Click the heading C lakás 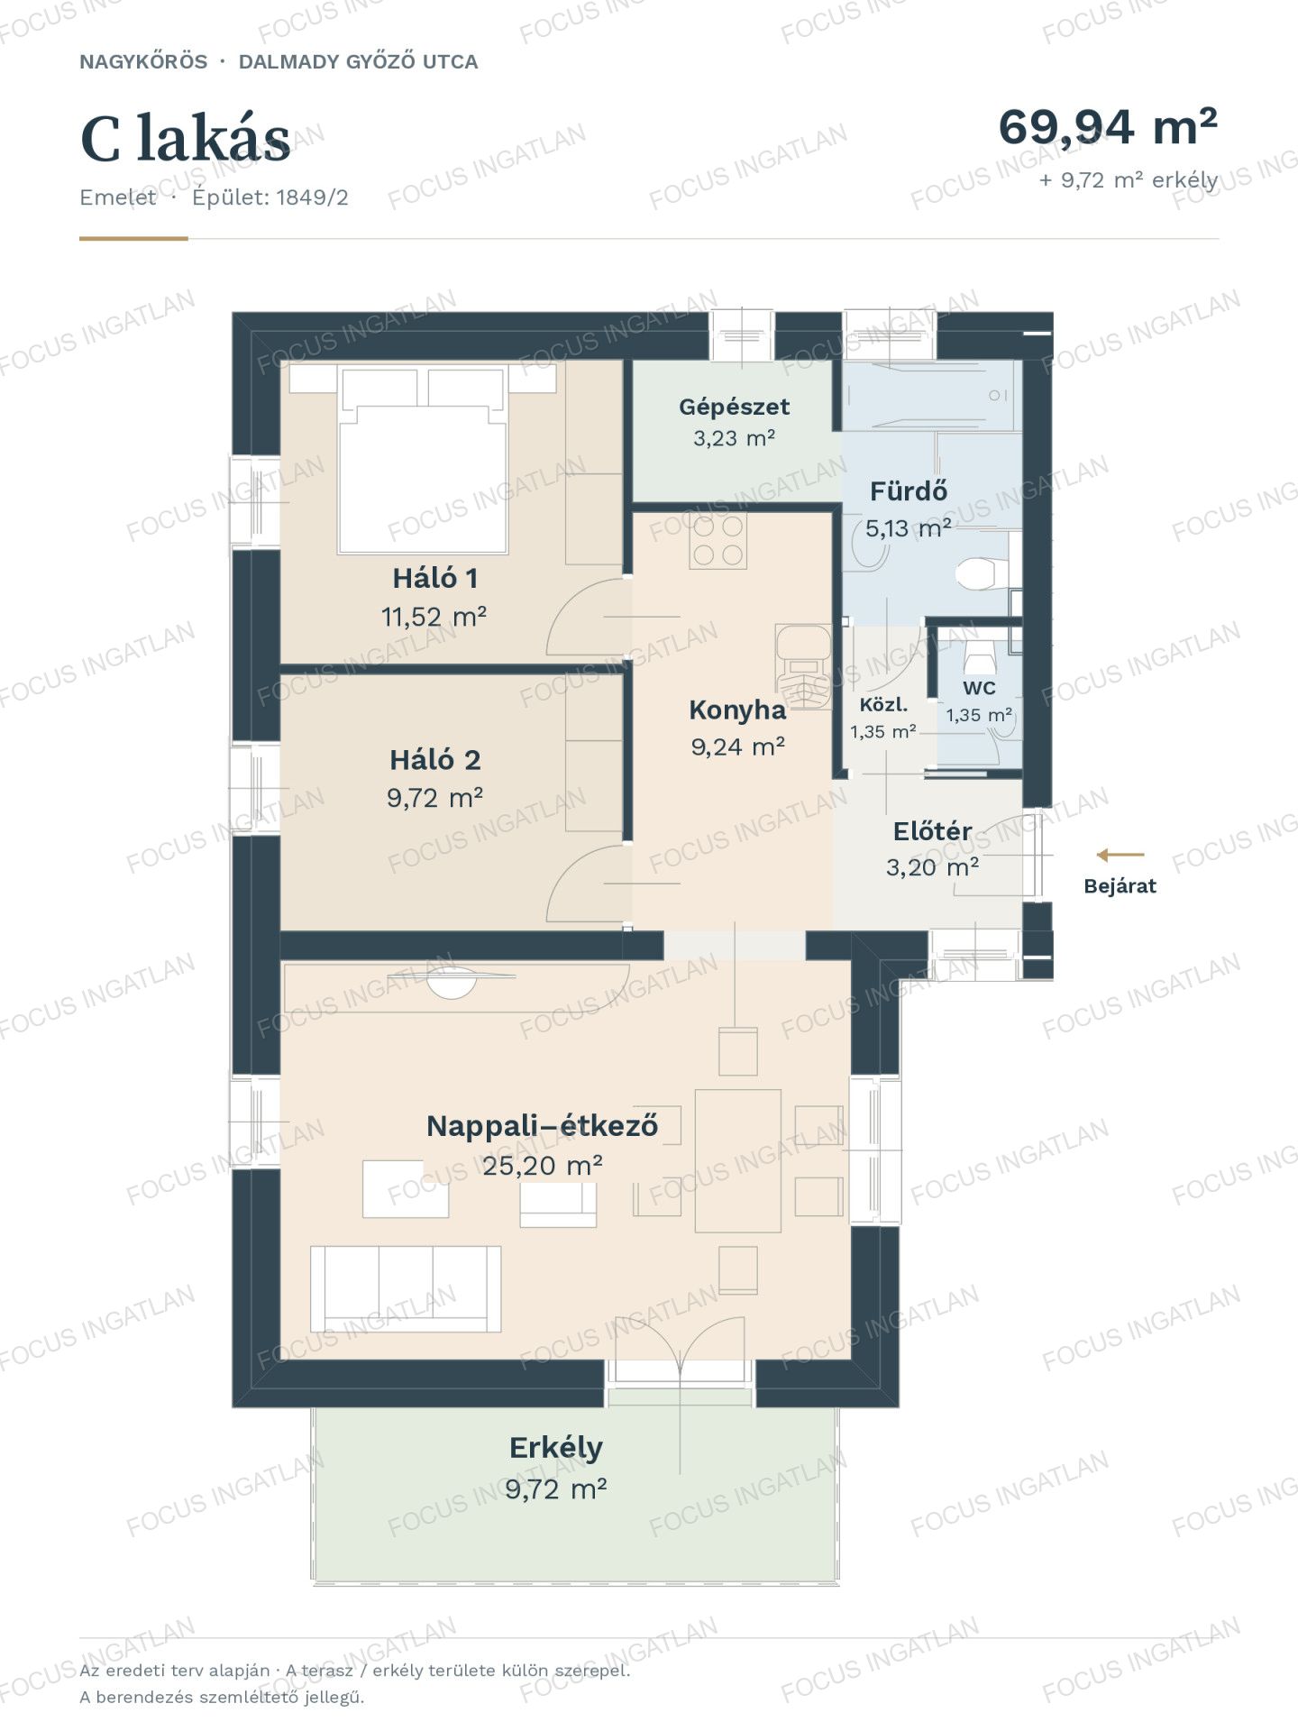pos(186,140)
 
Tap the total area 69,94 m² pos(1108,126)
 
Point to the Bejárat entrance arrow pos(1120,855)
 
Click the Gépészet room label pos(734,407)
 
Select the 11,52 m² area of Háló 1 pos(434,617)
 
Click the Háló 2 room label pos(435,760)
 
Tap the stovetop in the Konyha pos(718,540)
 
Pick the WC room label pos(979,688)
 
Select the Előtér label pos(932,830)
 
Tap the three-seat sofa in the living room pos(406,1288)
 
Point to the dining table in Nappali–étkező pos(738,1160)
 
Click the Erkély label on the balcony pos(556,1447)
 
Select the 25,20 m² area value pos(542,1166)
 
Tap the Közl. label pos(883,705)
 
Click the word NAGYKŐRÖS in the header pos(143,62)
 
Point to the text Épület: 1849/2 pos(270,197)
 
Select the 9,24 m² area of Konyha pos(737,746)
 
